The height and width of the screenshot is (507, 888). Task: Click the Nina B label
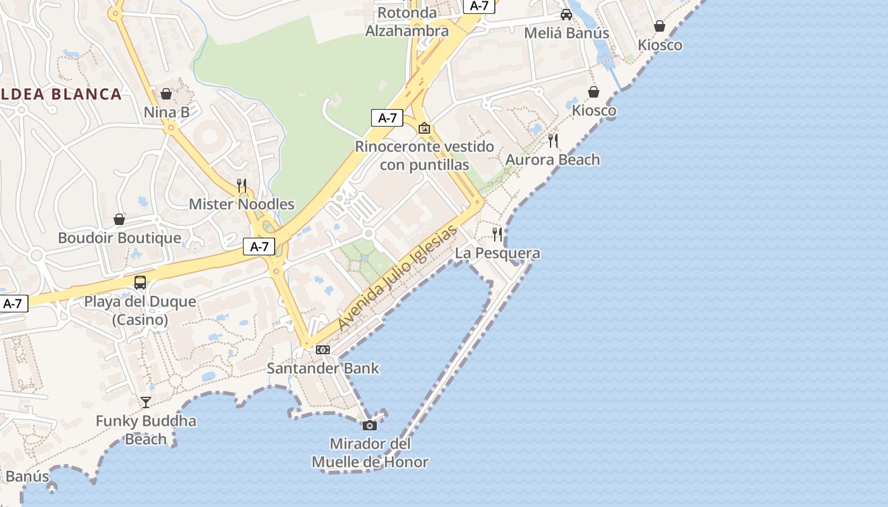pos(167,112)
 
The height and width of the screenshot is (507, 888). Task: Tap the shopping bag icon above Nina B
pos(166,94)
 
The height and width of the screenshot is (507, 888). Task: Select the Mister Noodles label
pos(242,204)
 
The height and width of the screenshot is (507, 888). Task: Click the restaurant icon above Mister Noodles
pos(242,186)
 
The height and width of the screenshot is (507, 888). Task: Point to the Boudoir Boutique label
pos(119,238)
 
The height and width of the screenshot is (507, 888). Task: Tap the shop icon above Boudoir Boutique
pos(119,220)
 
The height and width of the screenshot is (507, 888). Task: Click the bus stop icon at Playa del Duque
pos(140,283)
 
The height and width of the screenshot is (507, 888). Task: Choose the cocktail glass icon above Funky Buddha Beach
pos(146,402)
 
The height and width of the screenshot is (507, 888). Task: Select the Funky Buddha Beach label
pos(146,430)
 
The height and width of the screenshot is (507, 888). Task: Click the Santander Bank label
pos(323,368)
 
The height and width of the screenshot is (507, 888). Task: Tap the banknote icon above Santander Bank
pos(323,350)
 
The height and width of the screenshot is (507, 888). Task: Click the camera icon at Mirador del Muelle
pos(370,425)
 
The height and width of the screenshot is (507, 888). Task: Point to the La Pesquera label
pos(498,253)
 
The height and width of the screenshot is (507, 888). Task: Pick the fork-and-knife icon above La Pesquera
pos(497,234)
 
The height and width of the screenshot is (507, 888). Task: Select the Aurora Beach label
pos(552,160)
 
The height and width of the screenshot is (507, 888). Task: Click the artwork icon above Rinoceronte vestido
pos(424,128)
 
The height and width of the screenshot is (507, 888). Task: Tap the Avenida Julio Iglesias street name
pos(397,277)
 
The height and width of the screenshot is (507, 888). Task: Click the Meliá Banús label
pos(566,33)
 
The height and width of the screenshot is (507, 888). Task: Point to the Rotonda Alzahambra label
pos(407,22)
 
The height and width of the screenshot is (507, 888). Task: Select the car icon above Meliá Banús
pos(566,15)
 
